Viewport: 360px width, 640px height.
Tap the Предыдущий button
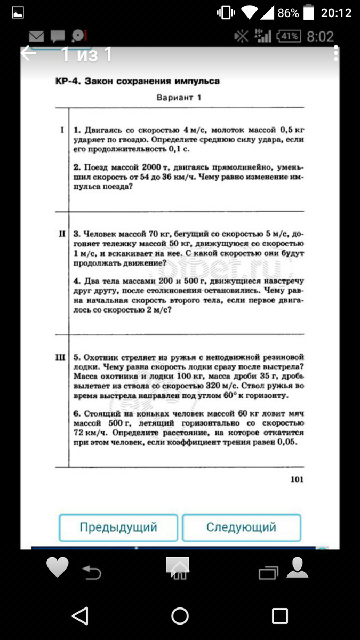(x=118, y=527)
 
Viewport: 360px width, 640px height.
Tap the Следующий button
(x=241, y=527)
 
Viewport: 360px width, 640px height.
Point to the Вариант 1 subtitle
(x=179, y=98)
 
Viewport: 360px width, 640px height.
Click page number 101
(x=297, y=479)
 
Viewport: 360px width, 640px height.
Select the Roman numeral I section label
(x=62, y=130)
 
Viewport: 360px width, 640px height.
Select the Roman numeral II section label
(x=62, y=234)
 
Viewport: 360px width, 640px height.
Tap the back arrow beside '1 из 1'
(x=29, y=53)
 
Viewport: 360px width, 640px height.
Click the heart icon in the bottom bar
(x=58, y=567)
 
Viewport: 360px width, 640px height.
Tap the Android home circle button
(x=180, y=615)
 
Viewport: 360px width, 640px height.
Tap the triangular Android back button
(x=80, y=615)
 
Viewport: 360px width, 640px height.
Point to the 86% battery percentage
(x=288, y=13)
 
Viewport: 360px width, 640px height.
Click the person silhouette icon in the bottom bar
(x=297, y=567)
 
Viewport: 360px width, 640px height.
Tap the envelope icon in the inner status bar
(x=36, y=36)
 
